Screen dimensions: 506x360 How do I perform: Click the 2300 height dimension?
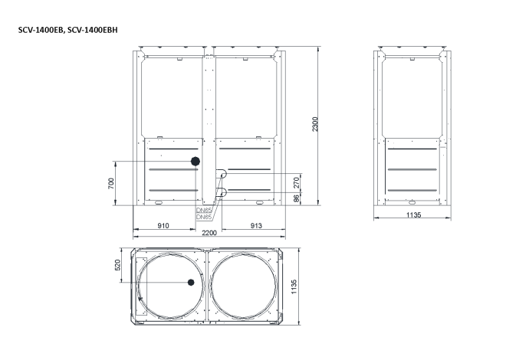tap(315, 124)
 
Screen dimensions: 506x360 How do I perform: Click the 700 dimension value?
tap(111, 183)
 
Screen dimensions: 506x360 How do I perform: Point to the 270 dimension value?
tap(297, 183)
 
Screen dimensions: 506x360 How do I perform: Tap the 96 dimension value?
tap(297, 198)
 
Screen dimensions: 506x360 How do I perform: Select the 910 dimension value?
tap(163, 226)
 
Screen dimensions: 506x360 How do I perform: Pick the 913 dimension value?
tap(256, 226)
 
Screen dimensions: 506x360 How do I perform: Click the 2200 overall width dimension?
tap(209, 233)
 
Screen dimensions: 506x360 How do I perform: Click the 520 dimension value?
tap(117, 265)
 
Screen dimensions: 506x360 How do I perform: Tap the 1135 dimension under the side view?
tap(413, 215)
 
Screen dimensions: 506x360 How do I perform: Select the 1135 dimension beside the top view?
tap(294, 286)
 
